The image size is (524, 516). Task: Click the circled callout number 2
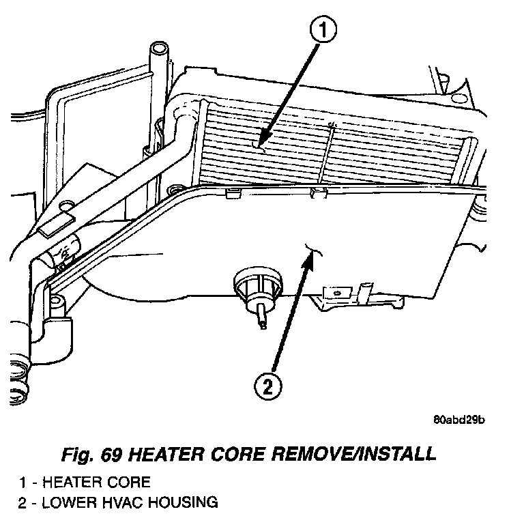click(x=268, y=386)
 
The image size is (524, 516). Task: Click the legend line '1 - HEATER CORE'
click(x=85, y=483)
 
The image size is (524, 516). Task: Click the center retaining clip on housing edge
click(x=317, y=192)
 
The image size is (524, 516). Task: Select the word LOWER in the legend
click(x=71, y=504)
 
